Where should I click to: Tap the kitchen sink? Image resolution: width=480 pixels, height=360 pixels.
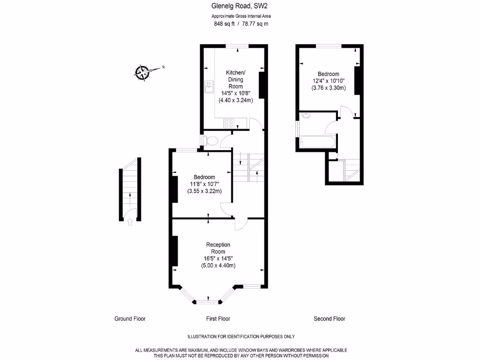[209, 86]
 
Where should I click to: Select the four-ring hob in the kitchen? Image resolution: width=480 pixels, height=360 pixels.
[229, 123]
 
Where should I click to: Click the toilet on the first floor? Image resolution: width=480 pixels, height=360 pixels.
[211, 141]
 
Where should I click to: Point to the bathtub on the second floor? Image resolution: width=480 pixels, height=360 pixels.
[317, 142]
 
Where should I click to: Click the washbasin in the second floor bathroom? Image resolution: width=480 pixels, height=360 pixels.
[306, 115]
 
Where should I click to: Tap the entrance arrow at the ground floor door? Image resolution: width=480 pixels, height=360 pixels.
[130, 222]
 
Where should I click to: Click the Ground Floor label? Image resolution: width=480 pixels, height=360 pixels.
[130, 319]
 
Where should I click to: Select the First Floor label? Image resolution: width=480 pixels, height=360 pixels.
[218, 319]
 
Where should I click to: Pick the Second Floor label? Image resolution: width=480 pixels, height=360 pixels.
[330, 319]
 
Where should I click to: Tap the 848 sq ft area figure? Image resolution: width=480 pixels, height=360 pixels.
[224, 24]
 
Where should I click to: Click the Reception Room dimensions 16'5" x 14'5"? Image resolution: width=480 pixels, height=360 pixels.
[218, 258]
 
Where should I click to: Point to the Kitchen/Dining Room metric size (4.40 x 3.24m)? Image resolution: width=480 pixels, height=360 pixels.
[235, 100]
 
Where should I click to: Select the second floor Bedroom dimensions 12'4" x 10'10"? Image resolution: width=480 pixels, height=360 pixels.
[329, 81]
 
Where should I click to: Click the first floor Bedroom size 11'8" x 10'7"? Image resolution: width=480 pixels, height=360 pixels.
[204, 184]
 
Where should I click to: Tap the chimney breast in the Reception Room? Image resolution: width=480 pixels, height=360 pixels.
[175, 251]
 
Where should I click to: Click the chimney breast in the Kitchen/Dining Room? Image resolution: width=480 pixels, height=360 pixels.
[262, 85]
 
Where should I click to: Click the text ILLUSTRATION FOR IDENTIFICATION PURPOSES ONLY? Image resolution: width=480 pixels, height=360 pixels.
[241, 337]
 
